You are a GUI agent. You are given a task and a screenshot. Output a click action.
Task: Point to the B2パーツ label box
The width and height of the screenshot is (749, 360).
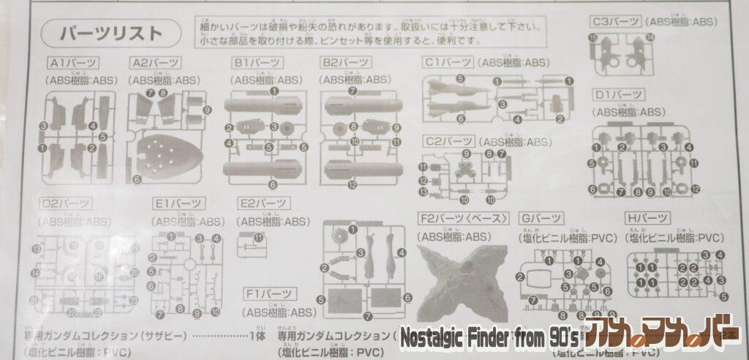click(x=347, y=63)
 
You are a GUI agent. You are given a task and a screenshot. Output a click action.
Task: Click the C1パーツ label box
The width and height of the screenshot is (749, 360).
click(x=448, y=62)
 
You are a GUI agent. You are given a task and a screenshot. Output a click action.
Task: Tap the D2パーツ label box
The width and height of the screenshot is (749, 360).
click(x=67, y=203)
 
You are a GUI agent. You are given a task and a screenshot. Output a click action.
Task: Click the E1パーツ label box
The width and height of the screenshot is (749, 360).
click(x=178, y=203)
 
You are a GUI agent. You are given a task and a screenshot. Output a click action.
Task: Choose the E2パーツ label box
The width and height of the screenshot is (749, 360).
click(x=263, y=203)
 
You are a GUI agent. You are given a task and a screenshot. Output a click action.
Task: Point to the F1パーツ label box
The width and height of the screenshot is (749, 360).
click(x=269, y=295)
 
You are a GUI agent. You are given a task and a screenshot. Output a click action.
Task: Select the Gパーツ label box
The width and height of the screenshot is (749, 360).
click(x=542, y=218)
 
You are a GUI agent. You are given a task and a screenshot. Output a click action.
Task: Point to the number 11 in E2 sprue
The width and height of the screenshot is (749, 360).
click(x=258, y=237)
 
